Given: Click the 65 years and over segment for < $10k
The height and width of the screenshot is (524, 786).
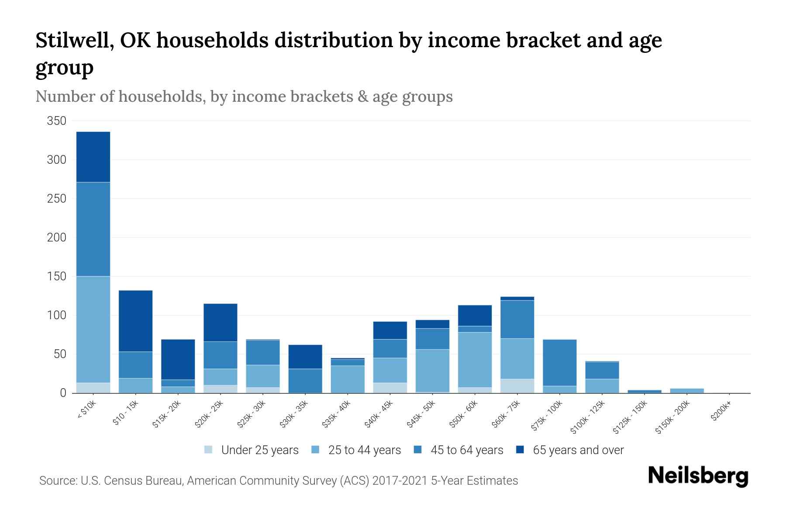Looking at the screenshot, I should pos(93,157).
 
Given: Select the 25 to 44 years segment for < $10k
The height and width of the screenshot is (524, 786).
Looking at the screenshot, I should pos(93,329).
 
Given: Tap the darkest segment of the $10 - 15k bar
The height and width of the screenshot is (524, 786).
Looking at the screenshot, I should pos(135,321).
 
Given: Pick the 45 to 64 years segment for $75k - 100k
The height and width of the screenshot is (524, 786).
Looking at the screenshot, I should pos(559,362).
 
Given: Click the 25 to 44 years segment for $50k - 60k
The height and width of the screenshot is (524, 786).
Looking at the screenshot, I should pos(475,359).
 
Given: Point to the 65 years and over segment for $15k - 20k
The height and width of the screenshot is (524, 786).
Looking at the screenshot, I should pos(178,359).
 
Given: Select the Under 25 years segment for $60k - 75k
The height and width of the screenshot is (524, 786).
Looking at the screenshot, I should pos(517,386).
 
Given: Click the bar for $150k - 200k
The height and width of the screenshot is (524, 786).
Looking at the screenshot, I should pos(686,390).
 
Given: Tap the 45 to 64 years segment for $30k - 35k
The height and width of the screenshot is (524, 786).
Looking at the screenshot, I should pos(305,380).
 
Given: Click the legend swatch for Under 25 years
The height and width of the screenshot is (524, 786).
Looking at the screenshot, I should pos(208,449).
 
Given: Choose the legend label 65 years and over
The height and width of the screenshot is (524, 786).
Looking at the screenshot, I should pos(578,450).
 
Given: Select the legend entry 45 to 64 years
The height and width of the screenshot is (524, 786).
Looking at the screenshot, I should pos(467,450).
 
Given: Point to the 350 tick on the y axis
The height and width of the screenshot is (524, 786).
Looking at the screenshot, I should pos(57,121).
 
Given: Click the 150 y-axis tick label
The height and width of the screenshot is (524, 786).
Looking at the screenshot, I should pos(57,276).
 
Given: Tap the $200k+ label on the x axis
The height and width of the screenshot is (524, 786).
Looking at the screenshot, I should pos(721,412).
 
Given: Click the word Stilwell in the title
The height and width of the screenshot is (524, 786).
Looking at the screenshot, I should pos(72,41).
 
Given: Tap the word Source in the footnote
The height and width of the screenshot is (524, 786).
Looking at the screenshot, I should pos(57,481).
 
